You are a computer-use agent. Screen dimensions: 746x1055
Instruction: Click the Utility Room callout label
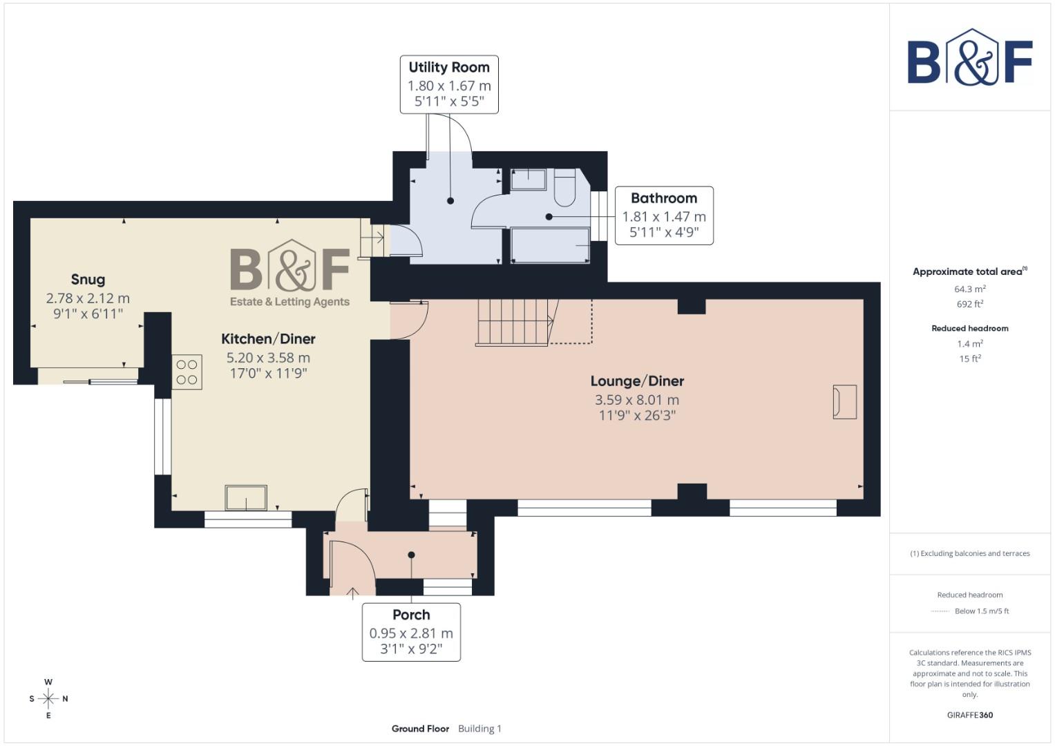click(x=449, y=84)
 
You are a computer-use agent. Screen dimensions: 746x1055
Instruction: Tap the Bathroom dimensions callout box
click(x=663, y=216)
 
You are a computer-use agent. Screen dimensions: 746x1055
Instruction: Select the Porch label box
click(x=411, y=632)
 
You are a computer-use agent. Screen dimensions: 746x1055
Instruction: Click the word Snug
click(x=88, y=280)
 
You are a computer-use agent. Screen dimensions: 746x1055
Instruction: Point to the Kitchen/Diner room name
click(x=268, y=339)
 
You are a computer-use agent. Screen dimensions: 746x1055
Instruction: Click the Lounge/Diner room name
click(x=637, y=381)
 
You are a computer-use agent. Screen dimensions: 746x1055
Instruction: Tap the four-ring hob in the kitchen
click(x=187, y=372)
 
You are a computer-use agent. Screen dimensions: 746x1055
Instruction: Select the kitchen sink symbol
click(x=245, y=497)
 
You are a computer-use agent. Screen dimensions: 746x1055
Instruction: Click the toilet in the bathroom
click(x=564, y=188)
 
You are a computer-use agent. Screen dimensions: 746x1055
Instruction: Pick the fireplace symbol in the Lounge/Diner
click(x=844, y=401)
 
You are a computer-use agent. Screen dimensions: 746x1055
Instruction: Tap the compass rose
click(x=48, y=698)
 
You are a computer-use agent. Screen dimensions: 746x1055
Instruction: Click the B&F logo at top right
click(x=969, y=59)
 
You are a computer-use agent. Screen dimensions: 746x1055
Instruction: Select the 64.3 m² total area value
click(x=969, y=289)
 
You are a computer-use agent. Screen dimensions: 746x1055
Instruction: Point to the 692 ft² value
click(x=969, y=304)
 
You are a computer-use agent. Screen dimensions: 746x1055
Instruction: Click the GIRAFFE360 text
click(x=969, y=715)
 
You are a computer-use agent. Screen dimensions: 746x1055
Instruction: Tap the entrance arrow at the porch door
click(x=352, y=592)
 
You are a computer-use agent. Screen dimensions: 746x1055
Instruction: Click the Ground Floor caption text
click(x=420, y=729)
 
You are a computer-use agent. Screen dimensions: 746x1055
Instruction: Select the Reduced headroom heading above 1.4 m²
click(x=969, y=328)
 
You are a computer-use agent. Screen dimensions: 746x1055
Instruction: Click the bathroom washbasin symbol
click(x=529, y=180)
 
